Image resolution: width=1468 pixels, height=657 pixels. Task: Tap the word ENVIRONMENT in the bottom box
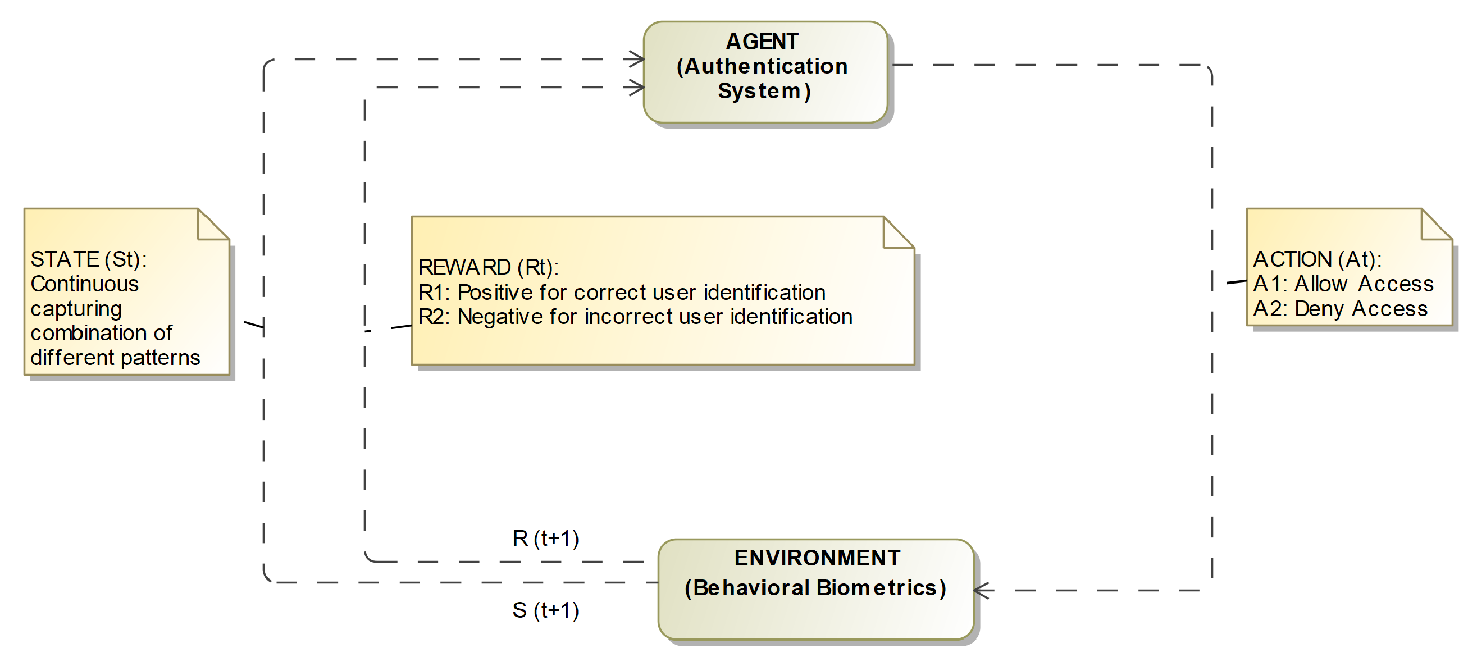[817, 558]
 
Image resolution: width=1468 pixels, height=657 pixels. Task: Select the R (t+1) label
[545, 538]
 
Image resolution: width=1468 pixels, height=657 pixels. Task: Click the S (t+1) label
[545, 610]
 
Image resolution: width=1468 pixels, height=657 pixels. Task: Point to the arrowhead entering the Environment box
[982, 590]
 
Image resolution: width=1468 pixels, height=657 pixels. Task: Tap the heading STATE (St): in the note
[88, 259]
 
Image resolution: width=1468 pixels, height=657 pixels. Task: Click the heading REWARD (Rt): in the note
[488, 267]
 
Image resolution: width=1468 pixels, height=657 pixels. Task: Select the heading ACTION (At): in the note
[1317, 259]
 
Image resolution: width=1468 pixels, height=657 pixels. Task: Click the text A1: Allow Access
[1343, 284]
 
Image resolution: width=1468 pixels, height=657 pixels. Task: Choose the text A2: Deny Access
[1340, 308]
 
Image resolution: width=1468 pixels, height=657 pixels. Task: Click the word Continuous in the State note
[84, 284]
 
